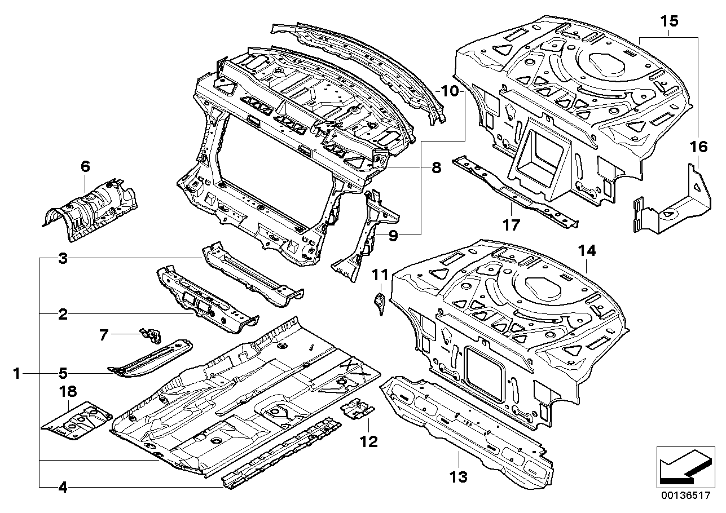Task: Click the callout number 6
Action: click(85, 166)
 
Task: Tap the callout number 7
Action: click(103, 335)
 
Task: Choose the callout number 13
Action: click(459, 477)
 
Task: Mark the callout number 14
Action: click(587, 251)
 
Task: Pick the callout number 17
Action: click(511, 225)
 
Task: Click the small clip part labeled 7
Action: click(151, 336)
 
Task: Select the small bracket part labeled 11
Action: click(379, 301)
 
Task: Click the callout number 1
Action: click(17, 373)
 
